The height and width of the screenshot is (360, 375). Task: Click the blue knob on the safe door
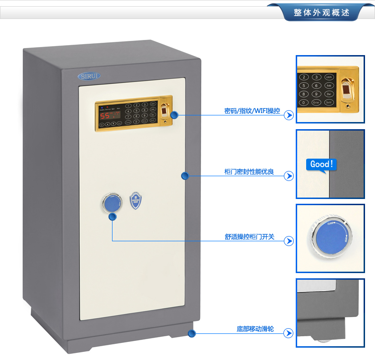[111, 203]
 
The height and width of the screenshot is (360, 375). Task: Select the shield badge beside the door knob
[136, 201]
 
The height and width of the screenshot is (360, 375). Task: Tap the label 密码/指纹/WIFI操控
[252, 111]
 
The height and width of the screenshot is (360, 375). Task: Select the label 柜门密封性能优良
[249, 171]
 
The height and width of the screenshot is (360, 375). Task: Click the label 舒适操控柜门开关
[249, 237]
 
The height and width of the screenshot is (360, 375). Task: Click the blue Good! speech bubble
[322, 165]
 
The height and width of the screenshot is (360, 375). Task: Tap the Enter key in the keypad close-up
[316, 102]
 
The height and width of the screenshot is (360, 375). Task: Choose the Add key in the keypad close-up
[329, 85]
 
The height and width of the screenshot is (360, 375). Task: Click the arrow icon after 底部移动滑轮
[288, 334]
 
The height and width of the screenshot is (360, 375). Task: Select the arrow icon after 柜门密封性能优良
[288, 176]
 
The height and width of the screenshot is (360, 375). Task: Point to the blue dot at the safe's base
[192, 333]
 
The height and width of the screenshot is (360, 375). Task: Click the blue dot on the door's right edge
[185, 176]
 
